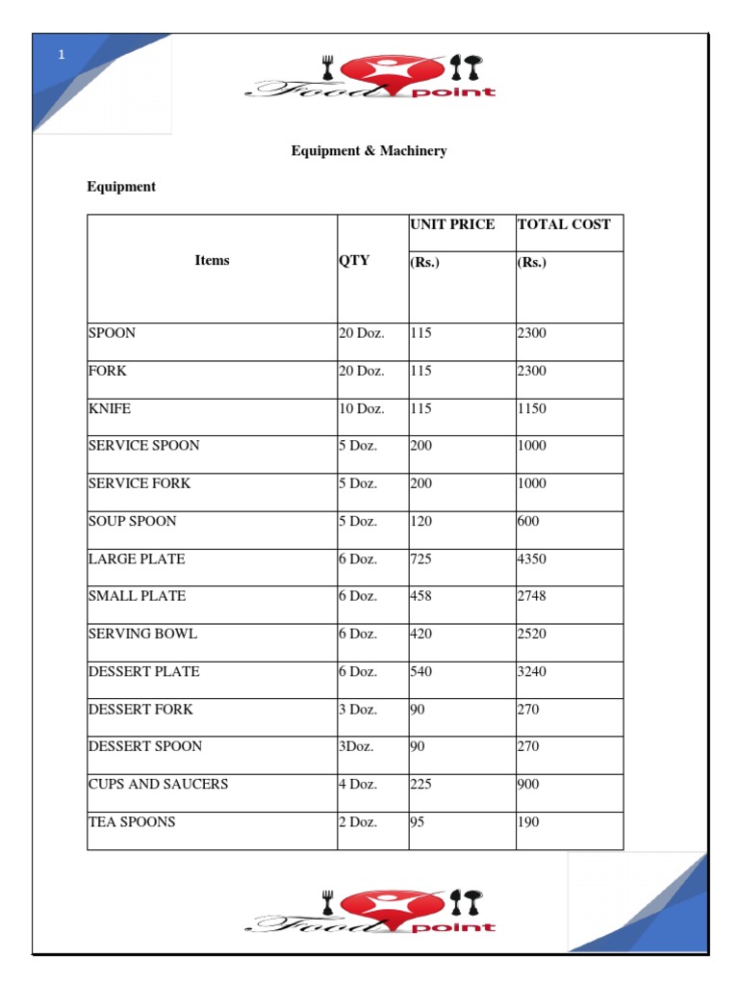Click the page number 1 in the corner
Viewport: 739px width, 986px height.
click(62, 55)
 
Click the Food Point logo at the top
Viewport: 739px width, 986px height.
click(370, 78)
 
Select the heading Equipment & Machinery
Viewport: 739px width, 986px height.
click(369, 151)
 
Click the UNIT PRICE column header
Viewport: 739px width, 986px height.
click(452, 224)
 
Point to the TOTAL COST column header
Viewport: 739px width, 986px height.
click(564, 224)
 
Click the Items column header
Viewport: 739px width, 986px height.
click(212, 260)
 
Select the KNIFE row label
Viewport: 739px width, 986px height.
click(109, 408)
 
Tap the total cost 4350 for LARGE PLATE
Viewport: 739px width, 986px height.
click(532, 558)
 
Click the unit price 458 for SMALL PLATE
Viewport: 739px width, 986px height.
click(421, 596)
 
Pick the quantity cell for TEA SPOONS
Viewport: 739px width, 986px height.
click(358, 822)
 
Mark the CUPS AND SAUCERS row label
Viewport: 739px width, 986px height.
click(158, 784)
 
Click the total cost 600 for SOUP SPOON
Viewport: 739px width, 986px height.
click(528, 521)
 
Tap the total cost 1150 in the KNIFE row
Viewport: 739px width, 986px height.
click(532, 408)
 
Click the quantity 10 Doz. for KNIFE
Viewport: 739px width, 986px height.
click(361, 408)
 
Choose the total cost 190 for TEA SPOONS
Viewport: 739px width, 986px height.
click(528, 822)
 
